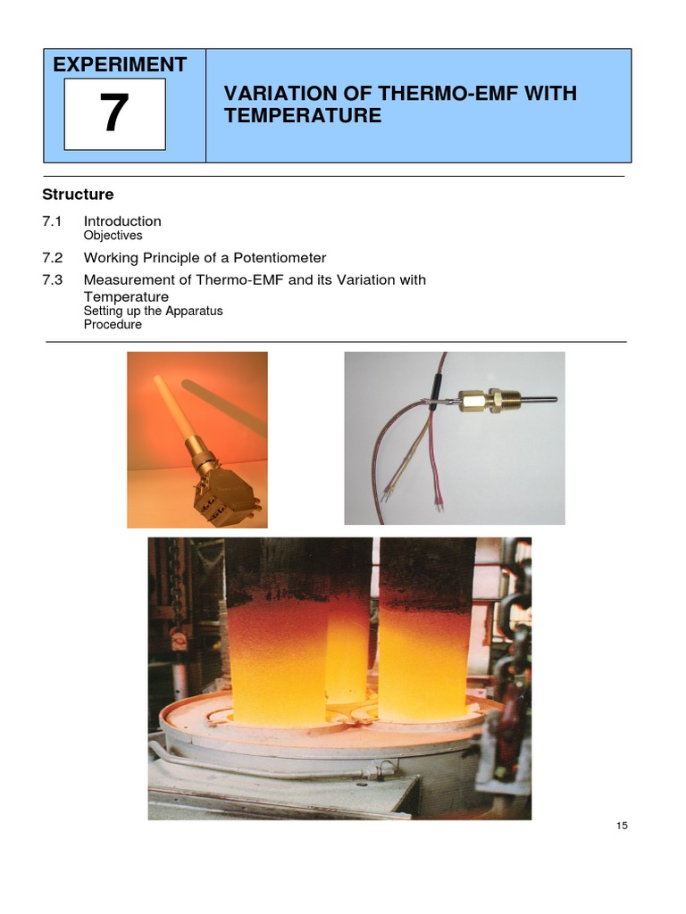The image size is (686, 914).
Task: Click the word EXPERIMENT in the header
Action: pos(120,64)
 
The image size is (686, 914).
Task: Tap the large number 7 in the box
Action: pos(114,114)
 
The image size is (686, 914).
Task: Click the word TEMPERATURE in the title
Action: pos(302,116)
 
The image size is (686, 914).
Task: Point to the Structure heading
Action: pos(79,195)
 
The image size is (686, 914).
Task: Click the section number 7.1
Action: pos(53,221)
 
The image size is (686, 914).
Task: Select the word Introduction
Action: pos(122,221)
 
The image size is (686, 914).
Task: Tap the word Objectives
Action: pos(113,236)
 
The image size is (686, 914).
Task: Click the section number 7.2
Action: pos(53,258)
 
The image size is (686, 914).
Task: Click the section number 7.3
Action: pos(53,280)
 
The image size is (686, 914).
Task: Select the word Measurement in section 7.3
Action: pos(122,280)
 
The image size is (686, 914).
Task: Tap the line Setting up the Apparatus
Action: pos(153,311)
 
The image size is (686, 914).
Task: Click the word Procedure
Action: pos(113,324)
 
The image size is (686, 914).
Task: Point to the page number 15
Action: pos(622,826)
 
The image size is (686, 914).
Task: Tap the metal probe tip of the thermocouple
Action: pos(536,399)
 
